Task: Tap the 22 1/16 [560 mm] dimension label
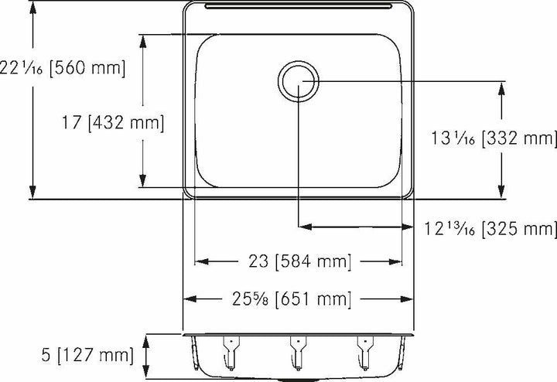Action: [63, 67]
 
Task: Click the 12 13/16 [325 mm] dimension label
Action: [490, 228]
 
